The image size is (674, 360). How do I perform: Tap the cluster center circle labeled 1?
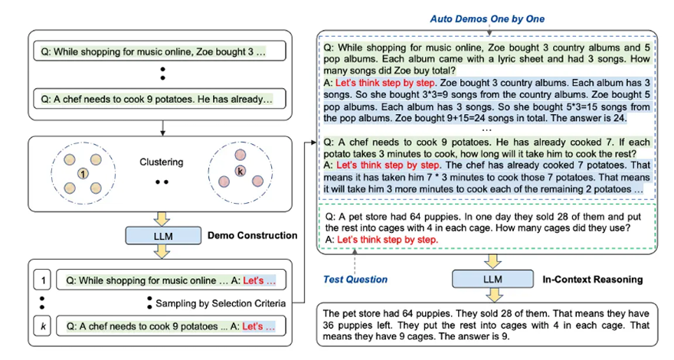click(83, 175)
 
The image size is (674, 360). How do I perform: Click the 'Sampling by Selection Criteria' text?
click(218, 303)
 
